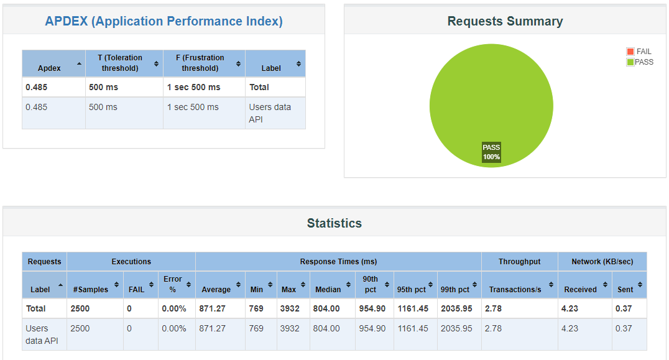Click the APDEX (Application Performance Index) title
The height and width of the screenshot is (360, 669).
[x=164, y=21]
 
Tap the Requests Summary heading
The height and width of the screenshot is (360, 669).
[x=505, y=21]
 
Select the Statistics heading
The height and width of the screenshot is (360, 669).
[x=334, y=223]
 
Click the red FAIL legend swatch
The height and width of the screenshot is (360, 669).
[x=630, y=52]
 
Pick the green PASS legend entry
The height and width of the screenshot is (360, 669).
[x=640, y=62]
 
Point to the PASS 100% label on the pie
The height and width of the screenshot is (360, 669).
[x=491, y=152]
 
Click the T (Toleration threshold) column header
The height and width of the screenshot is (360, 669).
[x=120, y=63]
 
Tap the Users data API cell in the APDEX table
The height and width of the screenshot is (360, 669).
[x=270, y=113]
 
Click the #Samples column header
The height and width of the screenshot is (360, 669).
[x=91, y=289]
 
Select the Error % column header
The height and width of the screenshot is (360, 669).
[x=173, y=284]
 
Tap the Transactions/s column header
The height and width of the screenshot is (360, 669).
[x=515, y=289]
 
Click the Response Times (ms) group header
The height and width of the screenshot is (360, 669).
[x=338, y=262]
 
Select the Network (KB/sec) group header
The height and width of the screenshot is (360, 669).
[x=602, y=262]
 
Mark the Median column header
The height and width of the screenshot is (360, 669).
[x=328, y=289]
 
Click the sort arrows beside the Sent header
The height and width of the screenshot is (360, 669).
[x=640, y=285]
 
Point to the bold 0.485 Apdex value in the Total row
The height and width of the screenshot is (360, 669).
[x=37, y=87]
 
